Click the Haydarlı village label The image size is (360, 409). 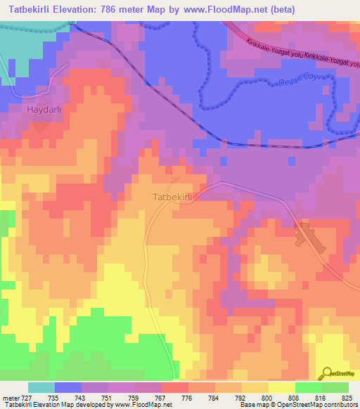(x=46, y=110)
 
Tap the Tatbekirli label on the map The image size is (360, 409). (x=172, y=197)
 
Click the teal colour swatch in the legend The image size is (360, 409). (x=41, y=387)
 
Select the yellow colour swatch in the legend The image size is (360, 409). (x=281, y=387)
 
